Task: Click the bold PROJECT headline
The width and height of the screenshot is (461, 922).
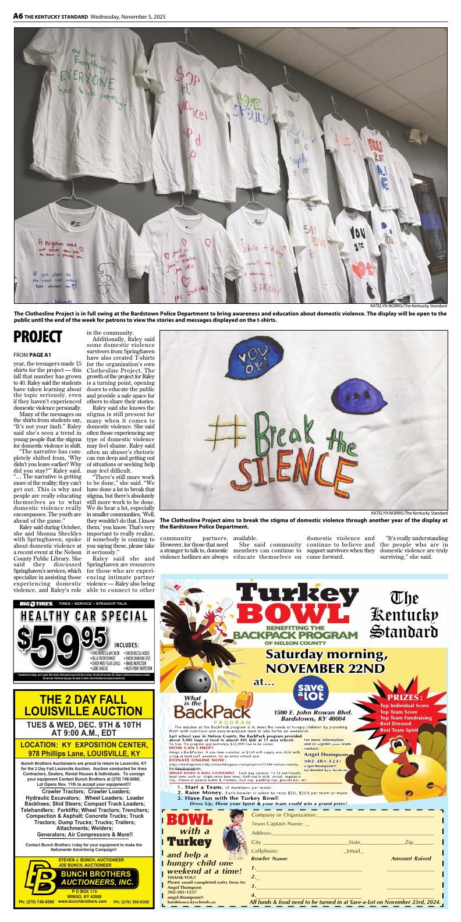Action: click(38, 337)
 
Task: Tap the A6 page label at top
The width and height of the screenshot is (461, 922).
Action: click(18, 17)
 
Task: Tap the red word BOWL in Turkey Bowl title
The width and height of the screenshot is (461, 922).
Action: click(297, 614)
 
